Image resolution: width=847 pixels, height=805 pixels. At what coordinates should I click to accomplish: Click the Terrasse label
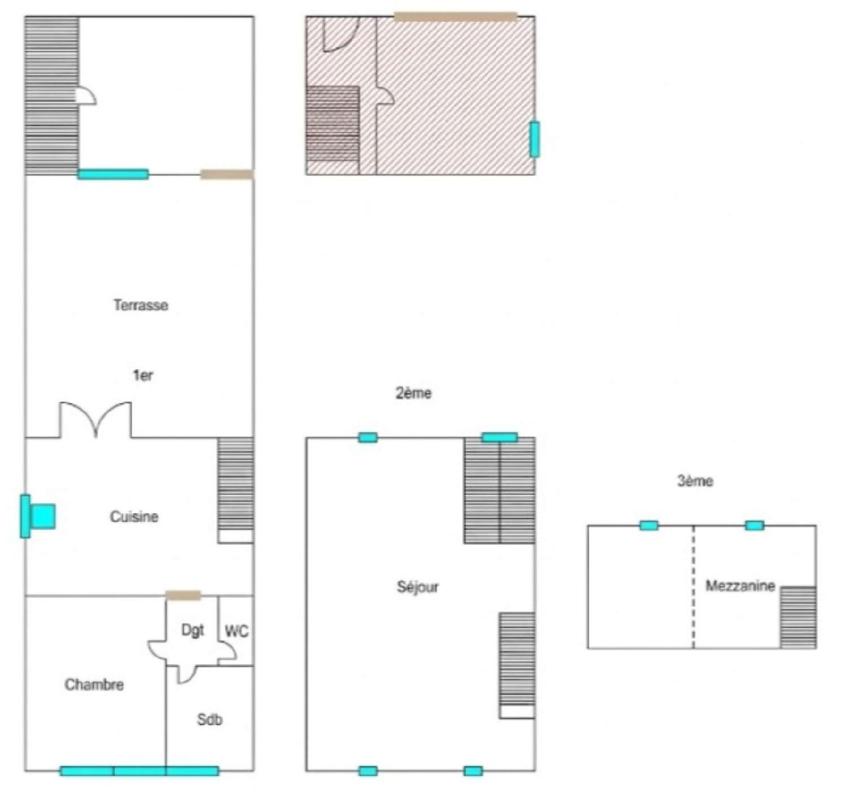[141, 305]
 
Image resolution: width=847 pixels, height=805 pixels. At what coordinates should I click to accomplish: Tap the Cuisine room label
[134, 516]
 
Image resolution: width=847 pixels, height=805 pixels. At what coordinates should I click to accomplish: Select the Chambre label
[94, 685]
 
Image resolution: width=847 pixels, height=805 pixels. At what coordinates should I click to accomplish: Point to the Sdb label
[209, 719]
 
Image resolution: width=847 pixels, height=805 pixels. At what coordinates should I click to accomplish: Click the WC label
[236, 631]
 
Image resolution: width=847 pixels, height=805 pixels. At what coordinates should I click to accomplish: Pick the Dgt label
[193, 630]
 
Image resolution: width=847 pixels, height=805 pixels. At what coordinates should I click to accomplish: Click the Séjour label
[417, 587]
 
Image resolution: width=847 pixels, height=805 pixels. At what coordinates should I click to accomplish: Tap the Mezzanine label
[740, 585]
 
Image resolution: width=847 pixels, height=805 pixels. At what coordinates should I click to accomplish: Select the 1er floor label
[142, 375]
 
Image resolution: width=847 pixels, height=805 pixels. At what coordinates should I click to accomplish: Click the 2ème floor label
[413, 393]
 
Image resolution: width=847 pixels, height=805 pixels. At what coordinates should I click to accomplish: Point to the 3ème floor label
[695, 481]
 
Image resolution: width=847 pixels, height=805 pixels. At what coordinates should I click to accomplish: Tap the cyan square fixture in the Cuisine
[43, 516]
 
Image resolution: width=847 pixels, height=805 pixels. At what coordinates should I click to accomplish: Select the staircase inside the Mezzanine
[798, 617]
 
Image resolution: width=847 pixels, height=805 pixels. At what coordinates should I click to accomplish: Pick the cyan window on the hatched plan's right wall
[534, 139]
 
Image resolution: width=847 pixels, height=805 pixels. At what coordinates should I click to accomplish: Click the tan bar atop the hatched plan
[455, 16]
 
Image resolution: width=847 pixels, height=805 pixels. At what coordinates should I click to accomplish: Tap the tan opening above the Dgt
[183, 595]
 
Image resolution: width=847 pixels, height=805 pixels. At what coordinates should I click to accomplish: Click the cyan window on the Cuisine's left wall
[25, 516]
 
